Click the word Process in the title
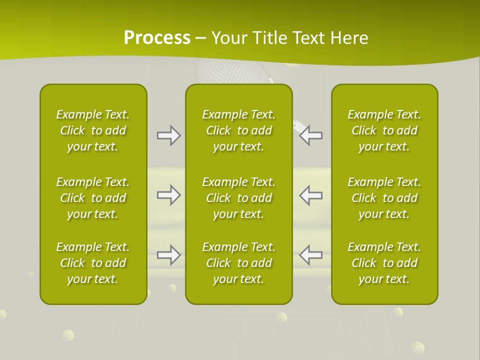pos(157,38)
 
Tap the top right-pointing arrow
pos(168,135)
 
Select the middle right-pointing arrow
pos(168,195)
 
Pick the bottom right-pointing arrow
pos(168,254)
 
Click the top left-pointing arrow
pos(311,135)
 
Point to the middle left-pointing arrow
pos(311,195)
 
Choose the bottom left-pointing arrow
pos(311,254)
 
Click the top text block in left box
pos(93,130)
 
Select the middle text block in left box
pos(93,198)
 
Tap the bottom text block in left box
pos(93,263)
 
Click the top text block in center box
pos(238,130)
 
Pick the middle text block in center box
pos(238,198)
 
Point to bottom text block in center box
pos(238,263)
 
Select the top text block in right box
pos(384,130)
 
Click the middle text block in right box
pos(384,198)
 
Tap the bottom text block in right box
pos(384,263)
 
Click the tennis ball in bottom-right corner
pos(417,347)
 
